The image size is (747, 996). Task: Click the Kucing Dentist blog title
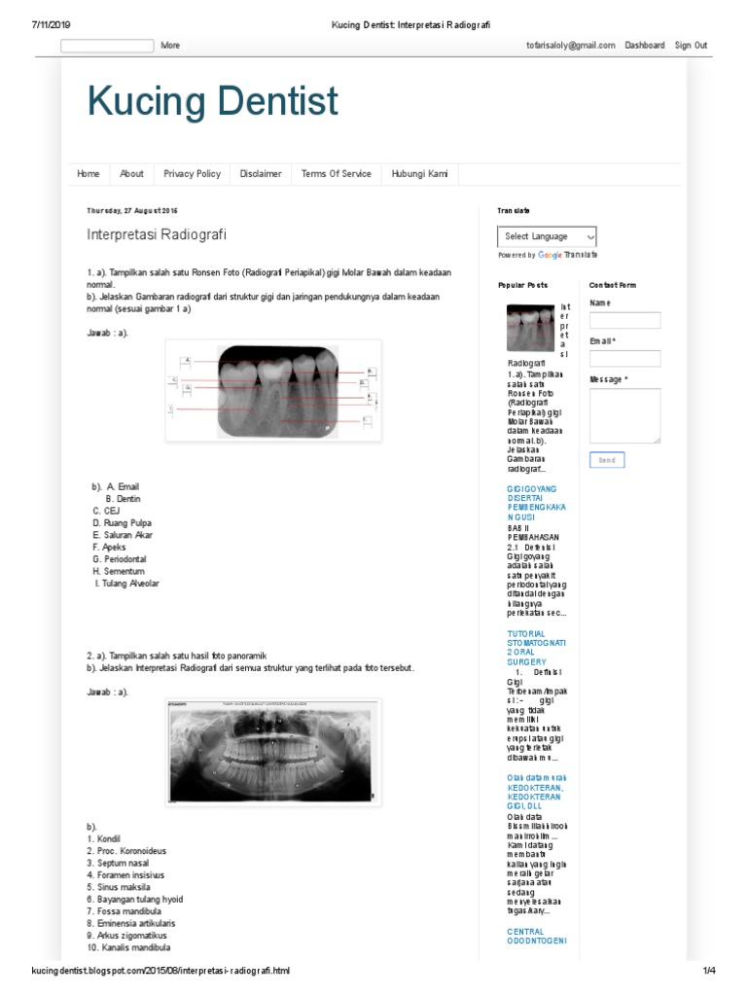tap(212, 102)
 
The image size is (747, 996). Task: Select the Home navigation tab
tap(89, 174)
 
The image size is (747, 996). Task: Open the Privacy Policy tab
tap(192, 174)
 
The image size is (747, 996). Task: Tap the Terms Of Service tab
tap(336, 174)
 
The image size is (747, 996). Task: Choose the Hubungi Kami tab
tap(419, 174)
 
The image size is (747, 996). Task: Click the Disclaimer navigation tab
tap(261, 174)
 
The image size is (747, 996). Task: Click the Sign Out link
tap(691, 46)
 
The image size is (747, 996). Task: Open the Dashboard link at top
tap(644, 46)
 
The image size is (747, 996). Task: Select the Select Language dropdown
tap(547, 236)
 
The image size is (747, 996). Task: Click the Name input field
tap(624, 320)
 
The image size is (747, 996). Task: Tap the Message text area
tap(624, 415)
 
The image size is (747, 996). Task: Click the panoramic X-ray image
tap(272, 752)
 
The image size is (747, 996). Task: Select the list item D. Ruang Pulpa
tap(123, 523)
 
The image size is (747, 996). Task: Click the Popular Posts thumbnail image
tap(531, 328)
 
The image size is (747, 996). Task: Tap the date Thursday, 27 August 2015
tap(132, 210)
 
